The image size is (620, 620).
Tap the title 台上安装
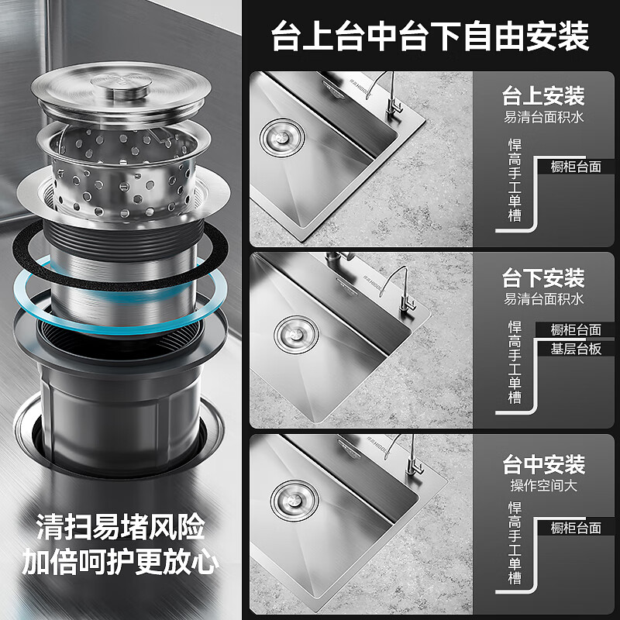pos(542,98)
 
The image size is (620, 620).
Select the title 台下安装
pos(542,277)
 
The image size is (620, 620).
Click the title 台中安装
pos(542,465)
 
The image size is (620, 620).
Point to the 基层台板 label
pos(576,349)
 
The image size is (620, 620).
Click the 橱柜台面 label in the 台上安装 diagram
pos(576,167)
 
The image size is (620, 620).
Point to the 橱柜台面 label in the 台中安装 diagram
pos(576,528)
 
